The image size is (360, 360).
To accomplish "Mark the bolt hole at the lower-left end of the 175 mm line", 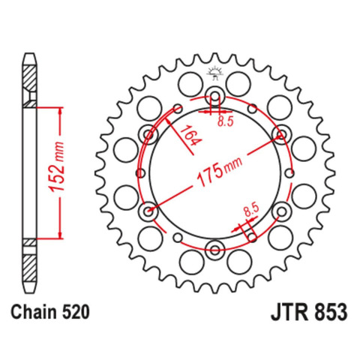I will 148,211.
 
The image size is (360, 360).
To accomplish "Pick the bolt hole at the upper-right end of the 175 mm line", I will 282,134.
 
